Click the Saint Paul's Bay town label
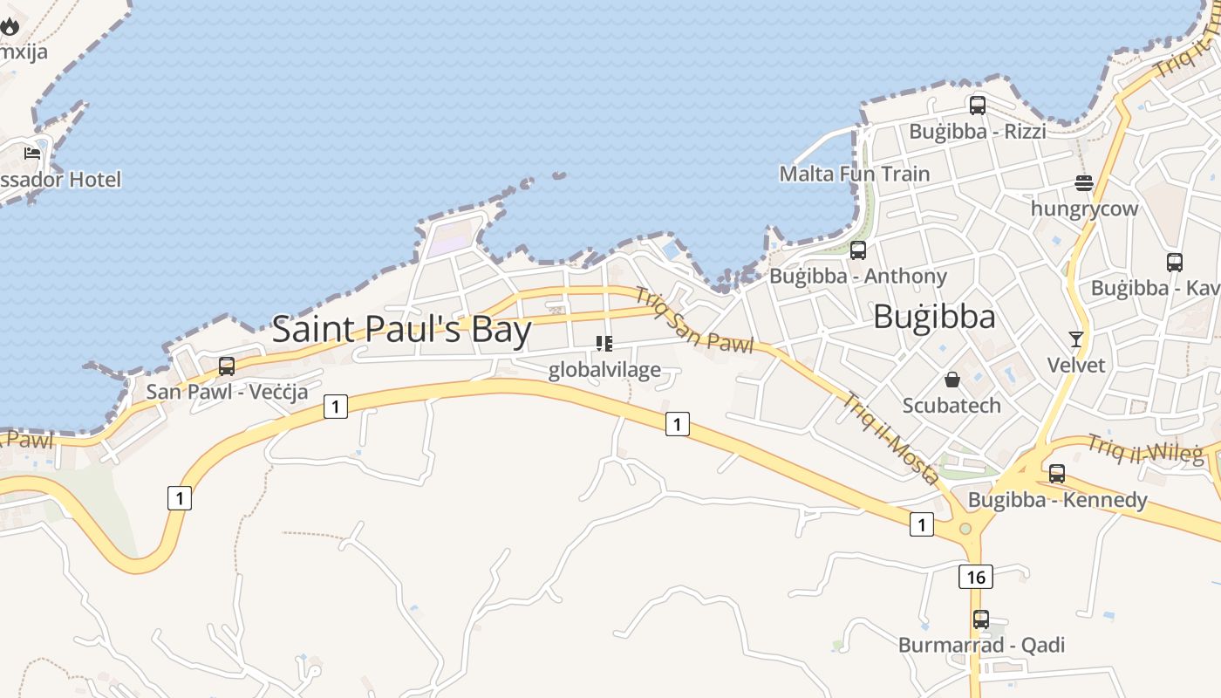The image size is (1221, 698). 402,330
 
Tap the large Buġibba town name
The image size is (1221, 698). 934,317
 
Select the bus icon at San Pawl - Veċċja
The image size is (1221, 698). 227,366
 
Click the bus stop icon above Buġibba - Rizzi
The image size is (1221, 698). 978,106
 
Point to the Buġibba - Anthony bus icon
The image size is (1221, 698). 858,250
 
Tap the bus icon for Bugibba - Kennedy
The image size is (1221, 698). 1057,474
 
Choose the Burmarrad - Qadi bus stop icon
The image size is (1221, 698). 981,619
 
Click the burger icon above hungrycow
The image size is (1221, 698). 1084,183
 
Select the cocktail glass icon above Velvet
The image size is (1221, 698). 1076,339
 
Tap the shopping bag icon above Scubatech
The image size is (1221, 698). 952,380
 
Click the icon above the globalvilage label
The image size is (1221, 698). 604,344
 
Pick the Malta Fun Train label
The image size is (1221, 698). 855,174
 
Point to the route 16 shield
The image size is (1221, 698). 975,577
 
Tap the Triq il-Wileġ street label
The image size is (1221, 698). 1145,448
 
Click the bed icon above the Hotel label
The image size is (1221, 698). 32,154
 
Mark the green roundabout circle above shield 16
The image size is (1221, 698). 965,529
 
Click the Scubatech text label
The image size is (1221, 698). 952,406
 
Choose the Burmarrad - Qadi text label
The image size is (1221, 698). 981,646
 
